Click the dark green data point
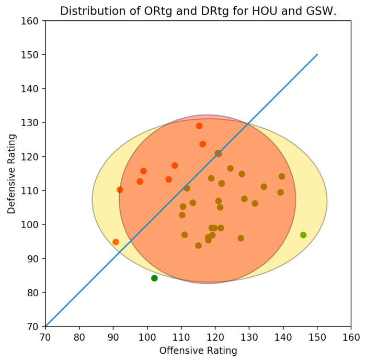pos(154,278)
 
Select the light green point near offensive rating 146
pos(303,235)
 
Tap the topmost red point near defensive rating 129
pos(199,126)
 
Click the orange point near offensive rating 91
pos(116,242)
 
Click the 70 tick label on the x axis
pos(45,336)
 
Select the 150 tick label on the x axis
pos(317,336)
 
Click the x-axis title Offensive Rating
pos(198,351)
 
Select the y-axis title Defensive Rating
pos(12,174)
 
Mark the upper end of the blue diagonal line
pos(317,54)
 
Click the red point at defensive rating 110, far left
pos(120,190)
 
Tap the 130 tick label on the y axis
pos(32,123)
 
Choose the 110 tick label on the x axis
pos(181,336)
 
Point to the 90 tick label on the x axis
pos(113,336)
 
